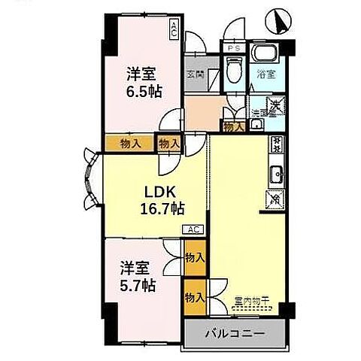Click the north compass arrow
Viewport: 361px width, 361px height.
point(281,21)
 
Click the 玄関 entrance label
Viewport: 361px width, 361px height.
point(196,74)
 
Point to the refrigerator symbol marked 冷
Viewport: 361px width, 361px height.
point(276,199)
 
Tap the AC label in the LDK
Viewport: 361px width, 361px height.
point(193,229)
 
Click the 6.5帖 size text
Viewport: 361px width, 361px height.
point(143,90)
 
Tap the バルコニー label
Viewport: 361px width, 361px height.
point(234,332)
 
